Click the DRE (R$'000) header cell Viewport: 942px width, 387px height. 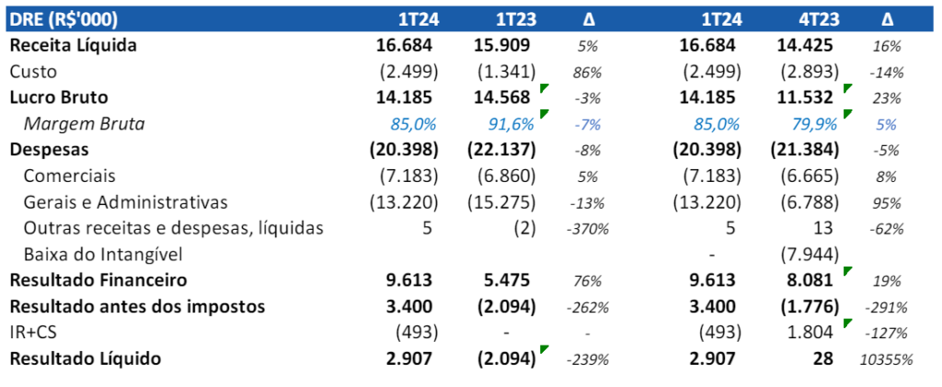coord(65,18)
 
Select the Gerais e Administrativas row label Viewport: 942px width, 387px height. coord(125,201)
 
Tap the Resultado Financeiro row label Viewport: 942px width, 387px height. coord(98,279)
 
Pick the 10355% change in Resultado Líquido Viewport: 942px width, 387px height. coord(887,359)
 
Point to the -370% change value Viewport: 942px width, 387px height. coord(587,228)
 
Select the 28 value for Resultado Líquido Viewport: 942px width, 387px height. coord(824,359)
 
